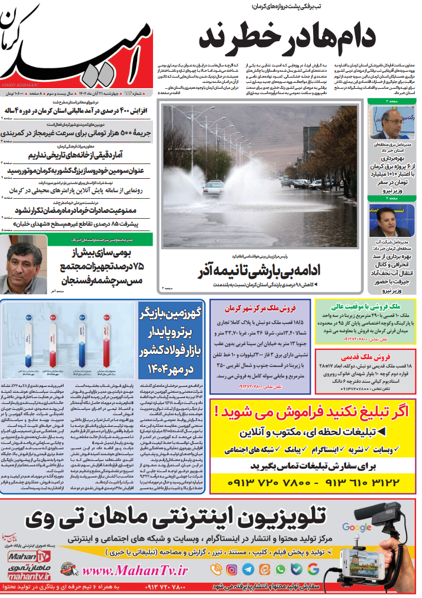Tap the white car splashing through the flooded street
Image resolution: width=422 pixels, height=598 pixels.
(213, 188)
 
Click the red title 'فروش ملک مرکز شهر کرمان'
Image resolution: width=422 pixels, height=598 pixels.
(260, 308)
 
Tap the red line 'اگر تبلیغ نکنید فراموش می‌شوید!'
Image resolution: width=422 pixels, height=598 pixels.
(313, 411)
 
